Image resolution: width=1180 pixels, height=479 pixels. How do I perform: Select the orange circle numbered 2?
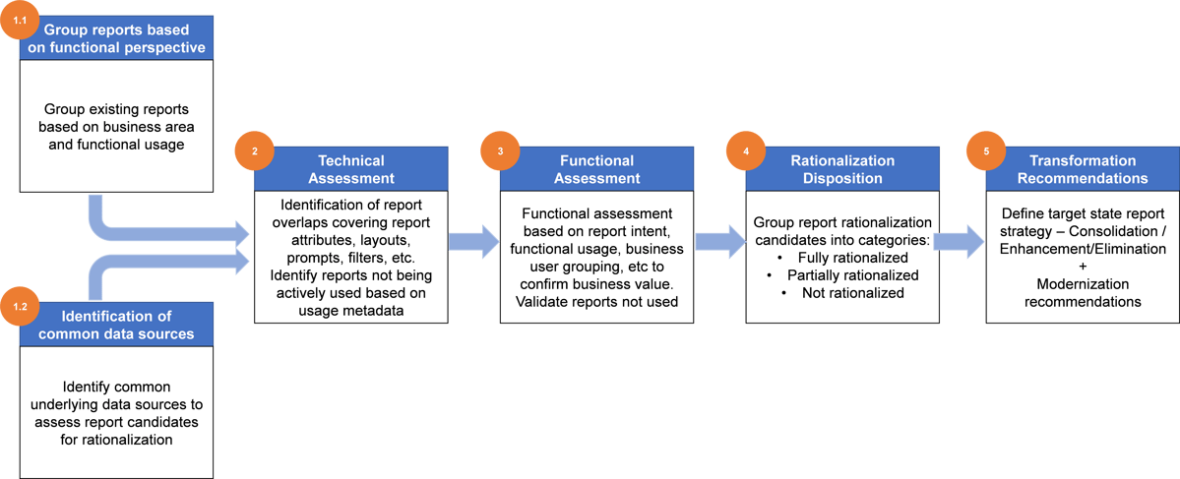coord(255,151)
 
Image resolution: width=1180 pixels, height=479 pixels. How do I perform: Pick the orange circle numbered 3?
coord(500,151)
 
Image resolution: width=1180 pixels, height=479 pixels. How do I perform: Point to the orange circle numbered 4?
coord(745,151)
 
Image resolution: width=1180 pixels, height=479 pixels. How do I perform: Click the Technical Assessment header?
coord(350,169)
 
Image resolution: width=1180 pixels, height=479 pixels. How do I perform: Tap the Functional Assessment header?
coord(598,169)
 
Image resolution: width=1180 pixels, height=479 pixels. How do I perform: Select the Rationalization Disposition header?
coord(842,169)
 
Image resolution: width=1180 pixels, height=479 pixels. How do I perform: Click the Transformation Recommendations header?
coord(1082,169)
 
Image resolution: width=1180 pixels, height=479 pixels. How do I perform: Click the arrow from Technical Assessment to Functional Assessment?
coord(473,241)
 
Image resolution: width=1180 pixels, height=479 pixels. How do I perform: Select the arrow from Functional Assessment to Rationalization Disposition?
coord(718,241)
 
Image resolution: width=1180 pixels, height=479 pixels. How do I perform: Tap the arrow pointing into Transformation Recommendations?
coord(958,241)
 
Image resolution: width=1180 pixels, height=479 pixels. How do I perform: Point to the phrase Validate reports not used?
coord(597,301)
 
